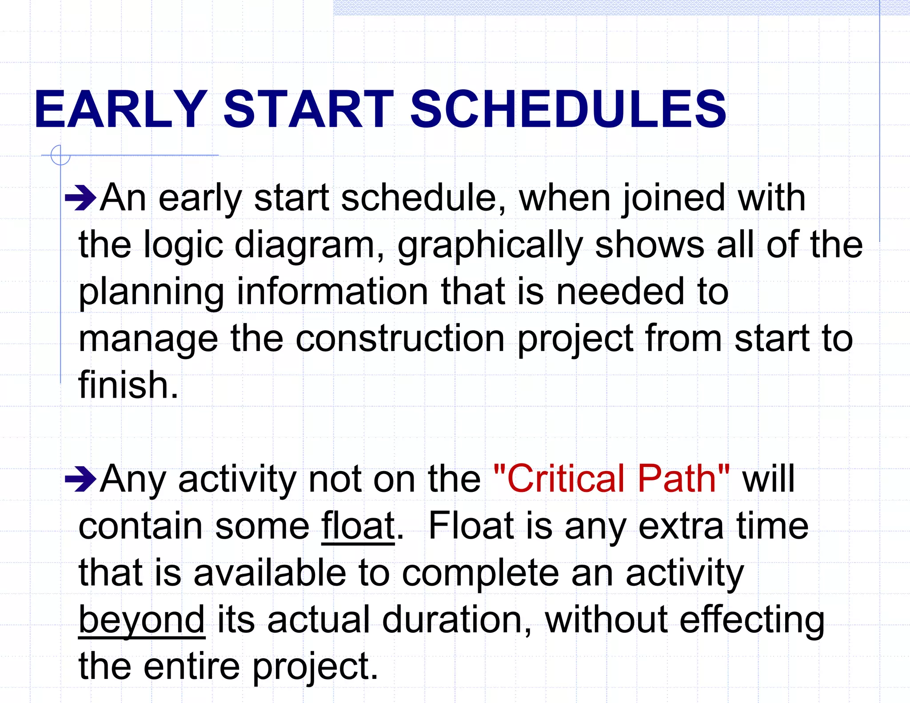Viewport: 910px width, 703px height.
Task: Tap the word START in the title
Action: click(x=308, y=109)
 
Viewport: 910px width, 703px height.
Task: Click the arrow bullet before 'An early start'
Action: click(x=80, y=198)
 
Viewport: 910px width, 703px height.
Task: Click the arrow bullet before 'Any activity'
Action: click(x=80, y=479)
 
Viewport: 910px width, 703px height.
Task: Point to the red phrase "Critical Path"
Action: click(x=611, y=479)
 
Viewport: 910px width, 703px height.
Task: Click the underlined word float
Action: click(x=358, y=526)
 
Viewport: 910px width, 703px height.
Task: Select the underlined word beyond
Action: click(x=142, y=620)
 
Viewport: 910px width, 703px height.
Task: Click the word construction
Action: click(x=400, y=339)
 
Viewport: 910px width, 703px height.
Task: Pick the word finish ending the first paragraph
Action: click(x=128, y=385)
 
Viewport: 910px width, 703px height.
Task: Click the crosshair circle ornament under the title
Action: click(x=60, y=156)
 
